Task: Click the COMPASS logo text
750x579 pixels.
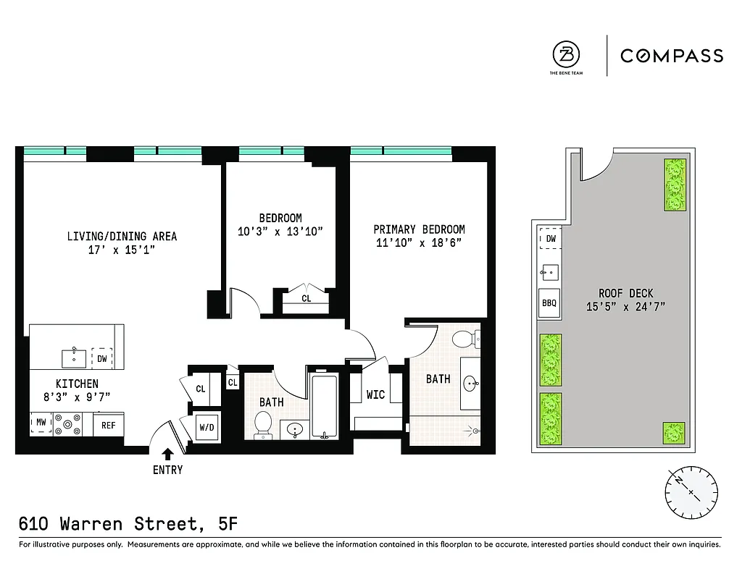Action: [x=671, y=56]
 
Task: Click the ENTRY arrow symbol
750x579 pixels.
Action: [x=167, y=454]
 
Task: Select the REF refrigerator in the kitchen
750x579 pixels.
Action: [x=108, y=426]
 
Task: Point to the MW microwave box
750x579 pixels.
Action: [x=41, y=423]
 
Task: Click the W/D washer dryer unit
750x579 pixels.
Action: [x=207, y=427]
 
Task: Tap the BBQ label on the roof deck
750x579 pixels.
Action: [x=549, y=303]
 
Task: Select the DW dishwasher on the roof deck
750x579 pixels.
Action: [x=551, y=239]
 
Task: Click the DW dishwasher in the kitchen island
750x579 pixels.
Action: [x=102, y=358]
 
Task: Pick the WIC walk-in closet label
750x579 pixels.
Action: [x=375, y=395]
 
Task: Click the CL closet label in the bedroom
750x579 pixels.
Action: [x=306, y=298]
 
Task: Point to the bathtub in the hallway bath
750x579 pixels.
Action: [x=323, y=406]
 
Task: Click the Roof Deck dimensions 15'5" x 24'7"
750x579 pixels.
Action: [x=626, y=306]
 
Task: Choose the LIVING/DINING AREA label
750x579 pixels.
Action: [x=122, y=237]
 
